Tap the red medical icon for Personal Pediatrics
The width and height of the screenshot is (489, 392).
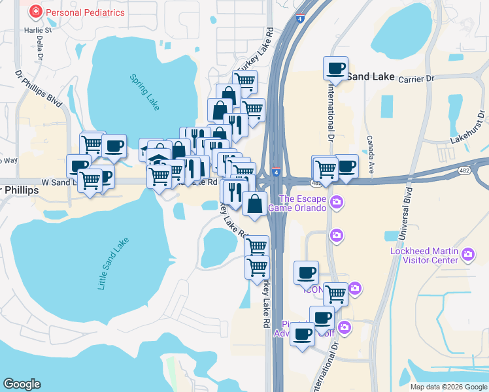coord(35,12)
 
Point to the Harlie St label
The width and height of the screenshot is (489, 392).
coord(39,31)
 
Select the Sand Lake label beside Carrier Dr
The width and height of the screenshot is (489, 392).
coord(370,76)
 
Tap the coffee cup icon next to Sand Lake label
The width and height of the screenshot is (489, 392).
coord(336,67)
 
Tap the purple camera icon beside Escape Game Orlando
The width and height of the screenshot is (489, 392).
coord(337,201)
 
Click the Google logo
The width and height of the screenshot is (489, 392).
coord(22,384)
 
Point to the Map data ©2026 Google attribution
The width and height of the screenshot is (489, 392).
coord(448,387)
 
